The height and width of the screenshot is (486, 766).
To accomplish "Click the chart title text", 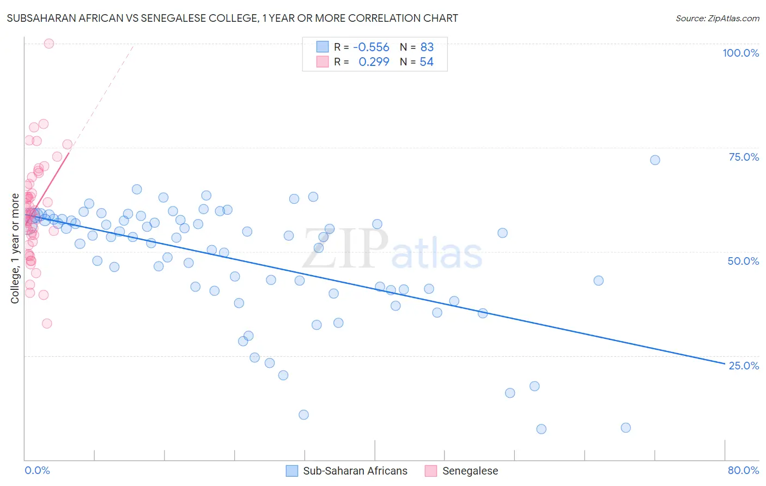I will tap(232, 18).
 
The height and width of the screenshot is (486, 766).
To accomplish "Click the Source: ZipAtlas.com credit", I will tap(717, 18).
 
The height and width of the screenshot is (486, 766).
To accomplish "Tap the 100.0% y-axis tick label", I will tap(740, 53).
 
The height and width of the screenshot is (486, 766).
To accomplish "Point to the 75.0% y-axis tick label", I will tap(744, 157).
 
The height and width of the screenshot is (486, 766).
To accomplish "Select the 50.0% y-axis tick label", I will tap(743, 261).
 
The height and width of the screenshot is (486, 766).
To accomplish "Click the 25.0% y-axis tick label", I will tap(744, 365).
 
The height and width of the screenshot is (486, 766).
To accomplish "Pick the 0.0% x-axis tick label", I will tap(37, 470).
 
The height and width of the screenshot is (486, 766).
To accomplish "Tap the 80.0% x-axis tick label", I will tap(743, 470).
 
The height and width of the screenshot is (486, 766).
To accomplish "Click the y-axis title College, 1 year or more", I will tap(15, 248).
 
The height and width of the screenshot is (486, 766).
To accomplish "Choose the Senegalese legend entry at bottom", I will tap(470, 471).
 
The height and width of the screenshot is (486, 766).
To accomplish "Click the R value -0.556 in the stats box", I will tap(371, 47).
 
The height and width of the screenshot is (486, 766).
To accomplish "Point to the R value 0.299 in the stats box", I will tap(374, 62).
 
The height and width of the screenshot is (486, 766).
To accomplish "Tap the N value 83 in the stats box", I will tap(427, 47).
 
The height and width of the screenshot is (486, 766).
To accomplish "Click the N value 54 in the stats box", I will tap(427, 62).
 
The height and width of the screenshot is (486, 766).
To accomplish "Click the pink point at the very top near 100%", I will tap(48, 44).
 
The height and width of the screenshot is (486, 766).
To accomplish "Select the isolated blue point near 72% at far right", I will tap(655, 160).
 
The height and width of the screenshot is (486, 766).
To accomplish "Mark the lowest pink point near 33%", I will tap(47, 324).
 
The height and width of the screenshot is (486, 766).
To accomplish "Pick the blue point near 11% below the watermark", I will tap(303, 415).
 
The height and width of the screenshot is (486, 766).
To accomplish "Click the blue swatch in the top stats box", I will tap(323, 47).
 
